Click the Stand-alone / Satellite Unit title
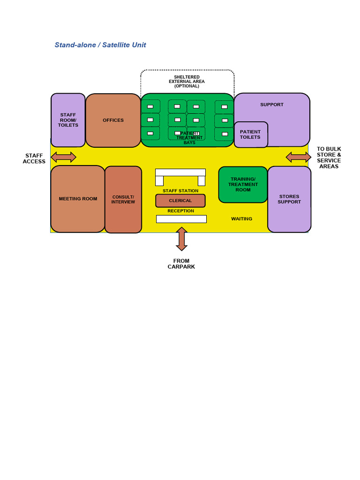(x=100, y=45)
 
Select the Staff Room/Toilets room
(x=68, y=120)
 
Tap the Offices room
(x=113, y=120)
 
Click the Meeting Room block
(x=78, y=199)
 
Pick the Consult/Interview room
(x=123, y=200)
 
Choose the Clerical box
(x=180, y=201)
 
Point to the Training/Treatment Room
(x=243, y=185)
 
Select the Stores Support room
(x=289, y=199)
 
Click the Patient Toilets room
(x=250, y=135)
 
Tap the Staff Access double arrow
(x=63, y=157)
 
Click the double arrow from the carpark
(x=182, y=239)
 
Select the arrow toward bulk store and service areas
(x=299, y=157)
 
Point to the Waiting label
(x=241, y=219)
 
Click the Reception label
(x=180, y=211)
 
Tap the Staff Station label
(x=180, y=191)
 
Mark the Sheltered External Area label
(x=187, y=82)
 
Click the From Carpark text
(x=181, y=264)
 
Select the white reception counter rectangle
(x=181, y=219)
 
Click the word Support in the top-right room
(x=272, y=105)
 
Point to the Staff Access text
(x=34, y=158)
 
